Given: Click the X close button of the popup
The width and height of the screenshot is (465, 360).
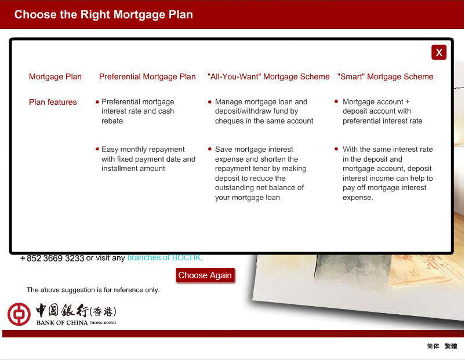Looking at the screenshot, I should tap(439, 53).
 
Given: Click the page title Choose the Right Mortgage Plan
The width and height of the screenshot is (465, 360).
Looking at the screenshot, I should tap(103, 14).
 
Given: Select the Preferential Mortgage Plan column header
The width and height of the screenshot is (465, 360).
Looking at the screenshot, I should tap(147, 77).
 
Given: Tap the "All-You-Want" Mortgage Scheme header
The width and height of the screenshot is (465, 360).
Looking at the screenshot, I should tap(268, 77).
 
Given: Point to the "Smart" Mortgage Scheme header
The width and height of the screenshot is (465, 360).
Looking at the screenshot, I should tap(385, 77).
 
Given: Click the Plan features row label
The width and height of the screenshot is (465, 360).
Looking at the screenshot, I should tap(53, 102).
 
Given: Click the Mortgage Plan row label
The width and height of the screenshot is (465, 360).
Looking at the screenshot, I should tap(55, 77).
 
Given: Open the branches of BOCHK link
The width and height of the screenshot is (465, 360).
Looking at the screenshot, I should tap(164, 258).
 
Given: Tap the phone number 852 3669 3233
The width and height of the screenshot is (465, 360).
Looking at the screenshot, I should tap(55, 259).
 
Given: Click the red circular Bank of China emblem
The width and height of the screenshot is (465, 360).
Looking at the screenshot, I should tap(19, 314).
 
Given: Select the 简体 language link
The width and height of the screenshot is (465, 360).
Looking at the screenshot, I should tap(433, 346).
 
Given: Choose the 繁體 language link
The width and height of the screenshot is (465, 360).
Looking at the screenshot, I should tap(451, 346).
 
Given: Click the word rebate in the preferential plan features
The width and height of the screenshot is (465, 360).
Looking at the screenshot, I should tap(112, 121).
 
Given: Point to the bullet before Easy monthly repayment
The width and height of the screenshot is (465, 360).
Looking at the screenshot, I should tap(97, 149).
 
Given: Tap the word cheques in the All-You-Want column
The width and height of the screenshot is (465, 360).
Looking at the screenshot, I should tap(230, 121).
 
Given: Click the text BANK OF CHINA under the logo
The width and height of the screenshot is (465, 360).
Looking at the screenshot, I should tap(62, 322).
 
